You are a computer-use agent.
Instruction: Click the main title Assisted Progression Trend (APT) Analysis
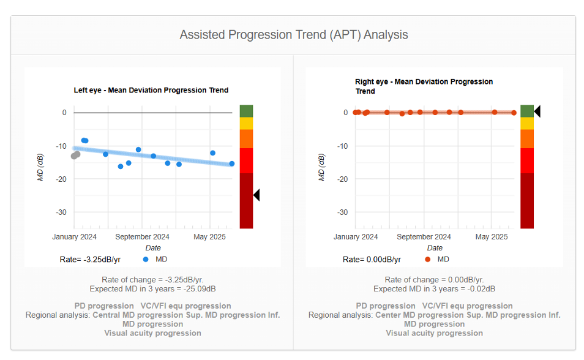click(293, 35)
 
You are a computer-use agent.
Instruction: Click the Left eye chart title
click(151, 90)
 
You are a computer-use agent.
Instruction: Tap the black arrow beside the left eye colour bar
click(256, 195)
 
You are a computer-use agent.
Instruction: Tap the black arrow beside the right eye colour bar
click(537, 111)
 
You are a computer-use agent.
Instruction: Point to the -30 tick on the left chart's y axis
click(61, 212)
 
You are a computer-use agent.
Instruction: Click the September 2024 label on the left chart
click(142, 237)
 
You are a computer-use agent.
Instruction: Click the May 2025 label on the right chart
click(491, 237)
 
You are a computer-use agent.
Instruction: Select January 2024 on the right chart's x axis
click(356, 237)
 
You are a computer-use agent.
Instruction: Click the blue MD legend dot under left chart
click(145, 260)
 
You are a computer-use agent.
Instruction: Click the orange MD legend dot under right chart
click(427, 260)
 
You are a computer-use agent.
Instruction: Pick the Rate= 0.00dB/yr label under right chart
click(372, 260)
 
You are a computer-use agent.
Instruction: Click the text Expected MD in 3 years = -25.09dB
click(152, 288)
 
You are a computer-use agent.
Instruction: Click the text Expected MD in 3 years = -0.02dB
click(434, 288)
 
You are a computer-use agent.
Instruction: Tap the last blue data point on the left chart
click(231, 163)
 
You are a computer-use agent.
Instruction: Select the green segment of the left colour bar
click(246, 111)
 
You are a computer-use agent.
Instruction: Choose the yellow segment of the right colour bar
click(527, 123)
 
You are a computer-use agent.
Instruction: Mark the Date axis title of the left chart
click(153, 248)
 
